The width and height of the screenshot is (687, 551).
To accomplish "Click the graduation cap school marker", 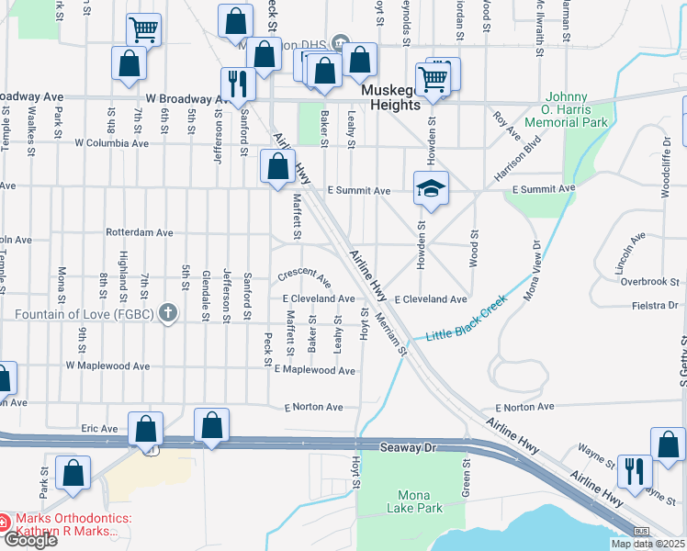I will pos(431,188).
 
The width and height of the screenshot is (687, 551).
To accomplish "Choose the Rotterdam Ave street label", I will pos(140,232).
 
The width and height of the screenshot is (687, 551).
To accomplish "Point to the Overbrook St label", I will pos(649,281).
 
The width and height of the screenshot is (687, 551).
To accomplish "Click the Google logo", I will pos(29,540).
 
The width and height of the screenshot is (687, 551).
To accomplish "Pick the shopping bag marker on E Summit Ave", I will pos(277,167).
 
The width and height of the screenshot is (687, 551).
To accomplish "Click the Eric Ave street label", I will pos(100,428).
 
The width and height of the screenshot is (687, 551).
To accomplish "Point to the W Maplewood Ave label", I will pos(107,365).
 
